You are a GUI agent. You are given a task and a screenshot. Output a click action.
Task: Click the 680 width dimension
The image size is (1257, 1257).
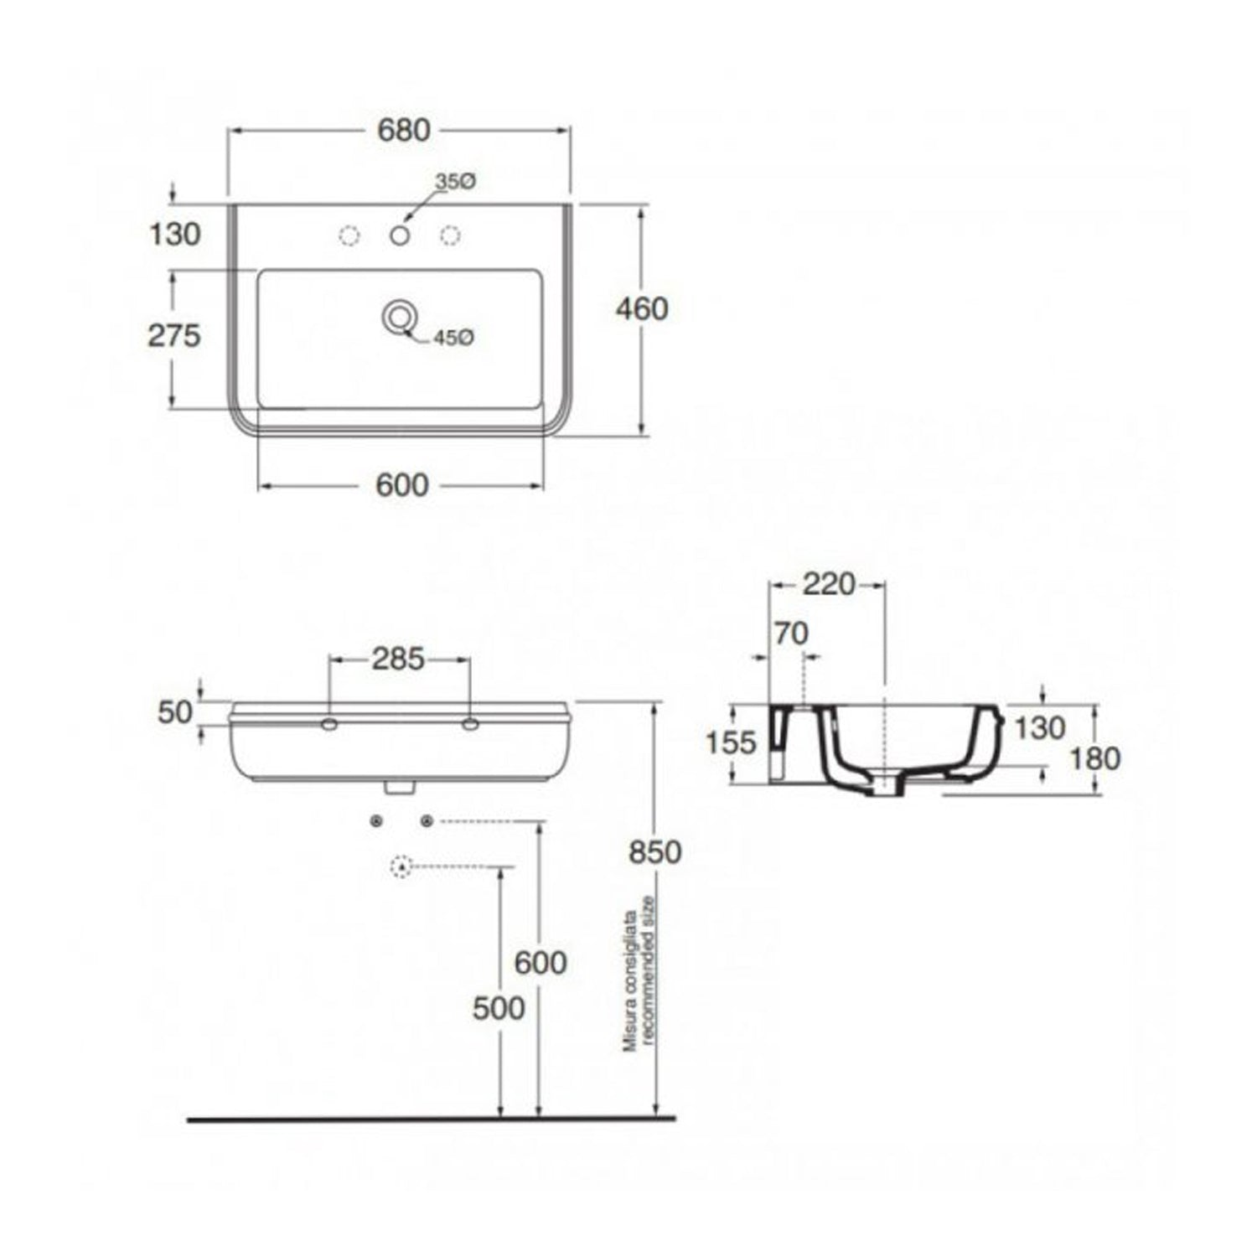coord(403,131)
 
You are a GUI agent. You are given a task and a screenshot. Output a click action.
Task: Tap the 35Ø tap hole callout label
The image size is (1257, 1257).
coord(456,181)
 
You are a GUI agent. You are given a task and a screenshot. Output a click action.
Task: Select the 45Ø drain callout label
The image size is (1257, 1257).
coord(454,338)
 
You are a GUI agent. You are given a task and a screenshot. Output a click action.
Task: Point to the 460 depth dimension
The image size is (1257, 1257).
coord(642,309)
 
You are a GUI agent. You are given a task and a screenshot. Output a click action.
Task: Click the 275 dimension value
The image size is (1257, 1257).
coord(174,336)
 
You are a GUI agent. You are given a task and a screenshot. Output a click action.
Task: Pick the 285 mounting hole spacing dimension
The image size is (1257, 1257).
coord(398,660)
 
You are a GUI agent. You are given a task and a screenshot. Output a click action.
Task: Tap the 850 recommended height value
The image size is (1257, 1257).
coord(655,852)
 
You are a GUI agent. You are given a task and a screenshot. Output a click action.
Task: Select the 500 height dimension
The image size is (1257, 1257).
coord(499,1008)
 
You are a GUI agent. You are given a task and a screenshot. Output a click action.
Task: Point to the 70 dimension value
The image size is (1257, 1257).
coord(790,634)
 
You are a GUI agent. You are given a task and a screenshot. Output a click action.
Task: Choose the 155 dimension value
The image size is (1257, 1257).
coord(732,742)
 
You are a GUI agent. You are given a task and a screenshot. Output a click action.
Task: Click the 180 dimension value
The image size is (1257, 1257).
coord(1095,758)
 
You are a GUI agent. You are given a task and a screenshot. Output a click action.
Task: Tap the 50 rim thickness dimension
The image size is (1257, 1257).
coord(174,712)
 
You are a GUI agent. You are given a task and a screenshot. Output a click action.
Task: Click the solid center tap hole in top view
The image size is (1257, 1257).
coord(400,236)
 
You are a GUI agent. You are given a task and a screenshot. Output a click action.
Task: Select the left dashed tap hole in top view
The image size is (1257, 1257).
coord(349,236)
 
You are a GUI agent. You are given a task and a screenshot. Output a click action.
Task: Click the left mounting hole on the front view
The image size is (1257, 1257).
coord(329,723)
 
